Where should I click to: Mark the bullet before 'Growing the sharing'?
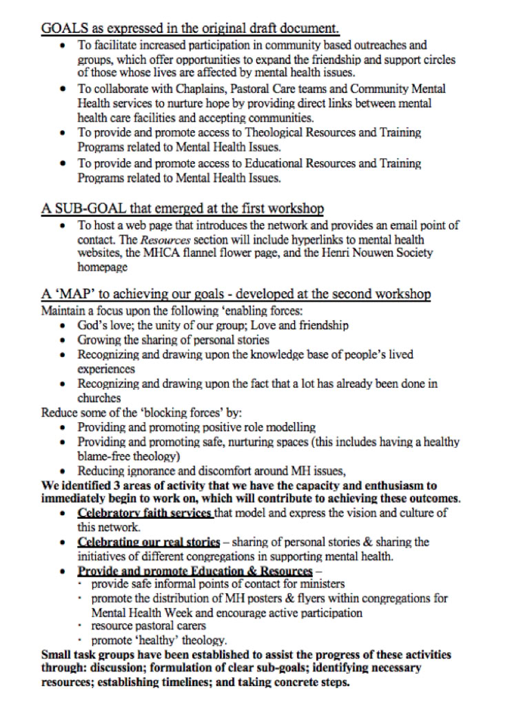click(64, 340)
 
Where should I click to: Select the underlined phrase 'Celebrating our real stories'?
click(149, 541)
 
